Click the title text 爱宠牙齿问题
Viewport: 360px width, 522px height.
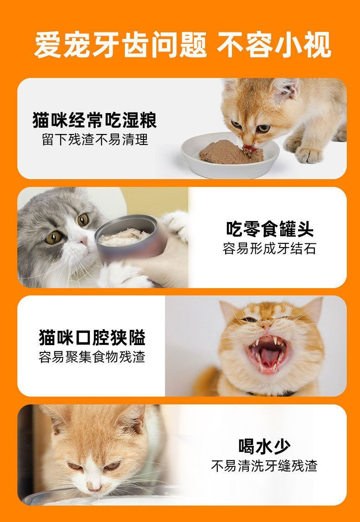coord(120,45)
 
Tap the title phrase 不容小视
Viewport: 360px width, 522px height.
coord(274,45)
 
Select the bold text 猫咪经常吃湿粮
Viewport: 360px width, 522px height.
coord(94,120)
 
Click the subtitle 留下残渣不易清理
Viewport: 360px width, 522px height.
coord(95,140)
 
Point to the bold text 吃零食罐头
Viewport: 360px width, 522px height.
coord(269,229)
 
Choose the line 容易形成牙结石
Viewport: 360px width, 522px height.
coord(269,248)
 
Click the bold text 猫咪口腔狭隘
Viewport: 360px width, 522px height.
coord(92,337)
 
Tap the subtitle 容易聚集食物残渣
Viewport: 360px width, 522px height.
coord(92,357)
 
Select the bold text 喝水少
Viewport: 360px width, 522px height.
coord(264,446)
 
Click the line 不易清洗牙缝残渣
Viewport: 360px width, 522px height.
coord(264,466)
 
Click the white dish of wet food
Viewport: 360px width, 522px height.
coord(230,156)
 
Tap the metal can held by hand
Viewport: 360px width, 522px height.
coord(130,236)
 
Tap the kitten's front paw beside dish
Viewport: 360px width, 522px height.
coord(309,155)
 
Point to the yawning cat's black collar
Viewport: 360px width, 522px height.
coord(271,393)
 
